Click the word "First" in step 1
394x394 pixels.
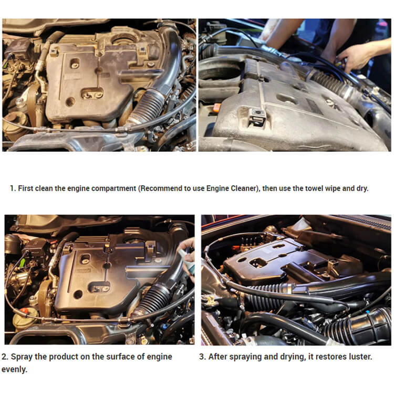pyautogui.click(x=25, y=188)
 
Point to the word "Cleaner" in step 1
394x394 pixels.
pyautogui.click(x=245, y=188)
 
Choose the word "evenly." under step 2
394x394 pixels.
pyautogui.click(x=14, y=370)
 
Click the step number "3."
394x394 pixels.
pyautogui.click(x=202, y=357)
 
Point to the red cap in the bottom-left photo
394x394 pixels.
pyautogui.click(x=25, y=310)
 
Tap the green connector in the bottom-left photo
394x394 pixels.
pyautogui.click(x=23, y=263)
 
